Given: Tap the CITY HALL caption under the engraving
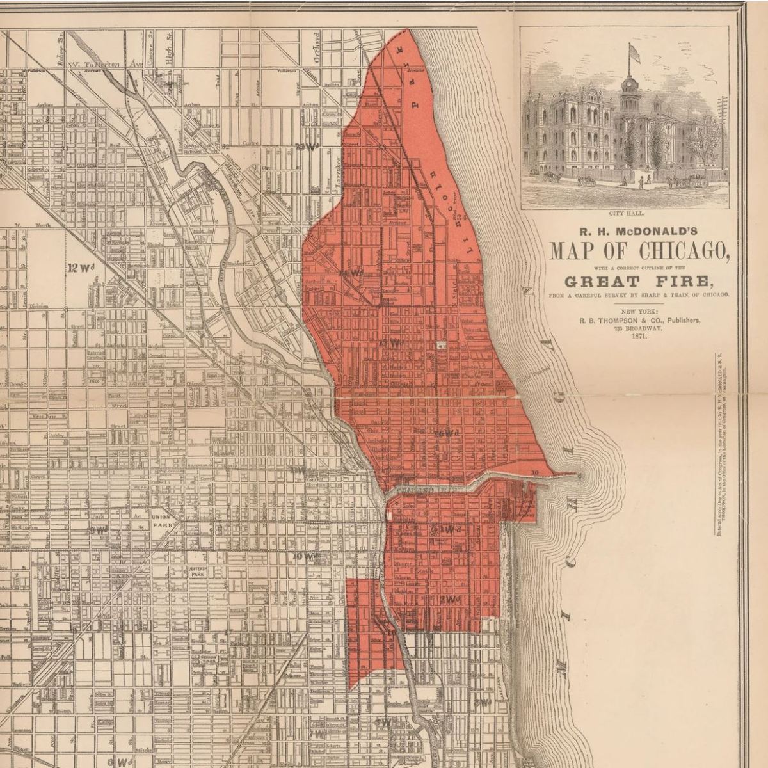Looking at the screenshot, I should pos(625,214).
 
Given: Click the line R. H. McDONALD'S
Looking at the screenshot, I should pos(639,231).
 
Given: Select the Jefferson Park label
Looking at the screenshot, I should pos(197,572).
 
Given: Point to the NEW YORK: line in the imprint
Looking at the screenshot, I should pos(639,310).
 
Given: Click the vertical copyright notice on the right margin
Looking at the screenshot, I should pos(719,442).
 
